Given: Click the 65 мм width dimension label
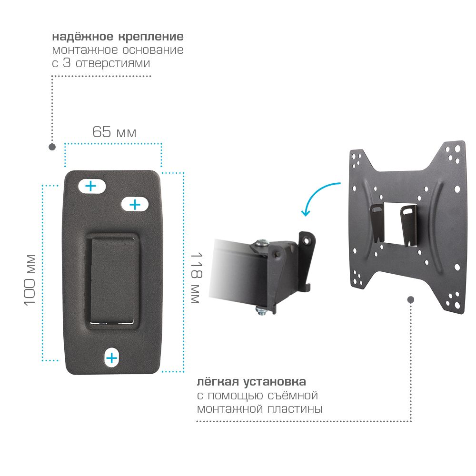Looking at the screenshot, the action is click(114, 132).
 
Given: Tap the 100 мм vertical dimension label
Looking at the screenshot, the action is click(30, 280).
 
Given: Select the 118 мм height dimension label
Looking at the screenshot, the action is click(196, 278).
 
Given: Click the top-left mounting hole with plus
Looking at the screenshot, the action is click(92, 186).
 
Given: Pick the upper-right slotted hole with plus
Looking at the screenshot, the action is click(135, 205).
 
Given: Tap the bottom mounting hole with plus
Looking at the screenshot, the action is click(112, 358).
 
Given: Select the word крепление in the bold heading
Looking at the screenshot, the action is click(150, 37).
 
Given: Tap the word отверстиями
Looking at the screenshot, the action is click(113, 63).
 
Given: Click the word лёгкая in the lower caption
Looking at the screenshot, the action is click(218, 382).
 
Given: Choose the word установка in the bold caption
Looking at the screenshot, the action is click(275, 382).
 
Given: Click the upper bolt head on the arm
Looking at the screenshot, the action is click(262, 243).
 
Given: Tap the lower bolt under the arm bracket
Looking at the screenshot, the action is click(261, 310).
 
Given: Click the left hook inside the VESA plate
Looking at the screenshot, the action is click(377, 222).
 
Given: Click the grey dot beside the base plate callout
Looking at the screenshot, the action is click(52, 147).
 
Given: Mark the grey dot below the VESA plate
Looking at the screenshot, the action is click(411, 300).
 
